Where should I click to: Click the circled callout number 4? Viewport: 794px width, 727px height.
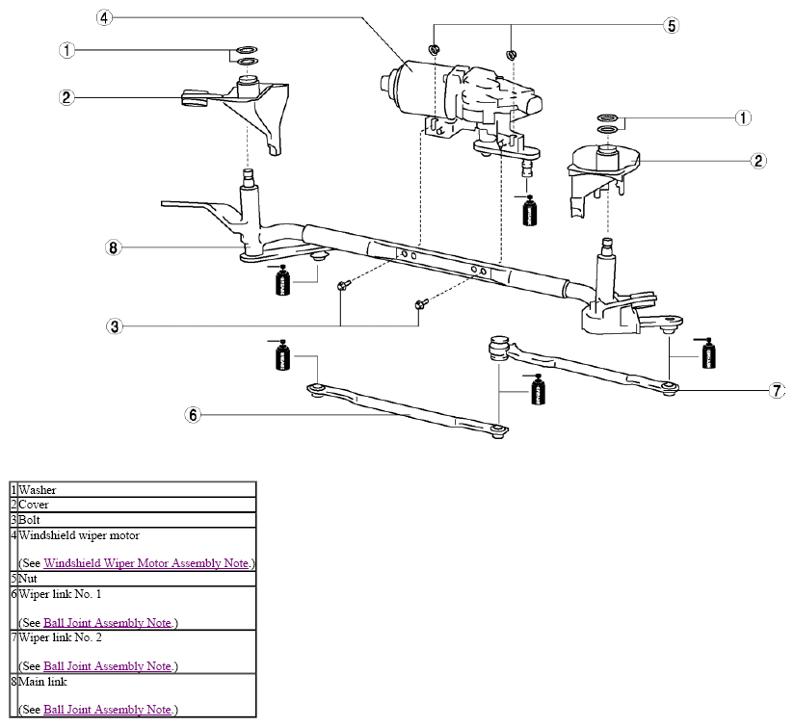[104, 17]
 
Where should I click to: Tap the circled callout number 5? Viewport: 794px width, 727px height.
[672, 25]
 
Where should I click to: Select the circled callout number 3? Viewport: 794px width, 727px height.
[115, 326]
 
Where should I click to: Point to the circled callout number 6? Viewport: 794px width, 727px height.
[193, 415]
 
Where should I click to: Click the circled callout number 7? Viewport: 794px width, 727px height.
[778, 391]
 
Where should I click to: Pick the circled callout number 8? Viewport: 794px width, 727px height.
[114, 247]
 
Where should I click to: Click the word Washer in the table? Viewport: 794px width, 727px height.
[38, 490]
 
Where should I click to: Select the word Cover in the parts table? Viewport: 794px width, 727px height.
[34, 505]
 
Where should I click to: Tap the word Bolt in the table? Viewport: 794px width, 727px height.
[29, 520]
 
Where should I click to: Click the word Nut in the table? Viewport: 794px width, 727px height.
[28, 579]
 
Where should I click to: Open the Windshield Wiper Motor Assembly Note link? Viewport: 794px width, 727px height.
[146, 563]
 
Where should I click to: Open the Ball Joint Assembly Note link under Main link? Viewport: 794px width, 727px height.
[107, 710]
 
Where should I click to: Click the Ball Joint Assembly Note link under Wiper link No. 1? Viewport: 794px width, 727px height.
[107, 622]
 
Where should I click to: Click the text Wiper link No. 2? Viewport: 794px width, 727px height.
[61, 637]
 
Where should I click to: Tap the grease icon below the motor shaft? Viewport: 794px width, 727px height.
[530, 210]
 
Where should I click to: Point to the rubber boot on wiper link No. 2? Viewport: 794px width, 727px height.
[498, 348]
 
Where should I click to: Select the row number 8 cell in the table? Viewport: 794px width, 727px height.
[14, 695]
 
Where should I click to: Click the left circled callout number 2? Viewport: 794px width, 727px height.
[66, 97]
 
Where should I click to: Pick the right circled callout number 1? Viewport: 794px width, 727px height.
[743, 117]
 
